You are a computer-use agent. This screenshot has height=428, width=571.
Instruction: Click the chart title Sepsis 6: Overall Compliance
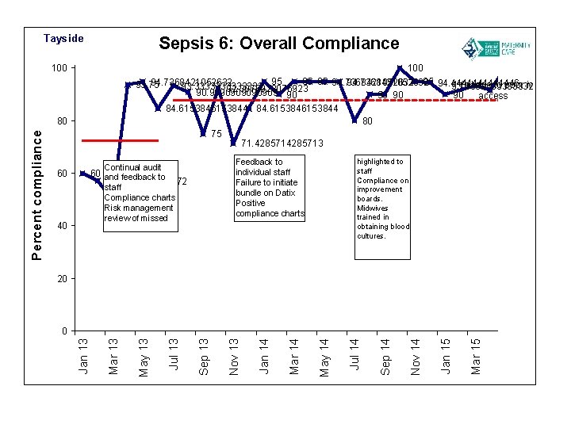coord(279,44)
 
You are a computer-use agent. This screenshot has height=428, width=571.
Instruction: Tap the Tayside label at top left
coord(63,39)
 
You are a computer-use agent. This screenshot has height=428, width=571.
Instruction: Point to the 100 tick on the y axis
coord(59,68)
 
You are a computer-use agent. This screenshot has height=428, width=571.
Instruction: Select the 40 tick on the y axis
coord(61,226)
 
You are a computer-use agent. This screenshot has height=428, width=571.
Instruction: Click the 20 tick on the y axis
coord(61,279)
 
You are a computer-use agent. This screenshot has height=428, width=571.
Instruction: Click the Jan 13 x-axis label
coord(83,356)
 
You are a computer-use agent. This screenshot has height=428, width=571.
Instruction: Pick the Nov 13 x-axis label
coord(234,356)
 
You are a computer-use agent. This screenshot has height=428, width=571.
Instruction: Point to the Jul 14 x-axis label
coord(354,356)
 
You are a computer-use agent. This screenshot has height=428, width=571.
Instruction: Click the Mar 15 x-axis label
coord(475,356)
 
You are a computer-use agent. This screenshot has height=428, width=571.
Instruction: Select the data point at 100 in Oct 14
coord(400,68)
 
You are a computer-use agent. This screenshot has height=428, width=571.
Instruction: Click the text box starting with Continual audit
coord(139,193)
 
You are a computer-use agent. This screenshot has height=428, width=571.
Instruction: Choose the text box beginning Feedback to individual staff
coord(270,188)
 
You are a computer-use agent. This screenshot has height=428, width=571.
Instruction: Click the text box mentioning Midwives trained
coord(382,198)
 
